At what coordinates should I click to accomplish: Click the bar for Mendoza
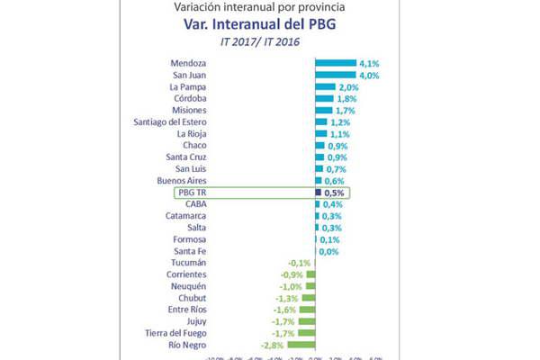335,63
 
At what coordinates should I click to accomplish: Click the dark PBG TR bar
317,192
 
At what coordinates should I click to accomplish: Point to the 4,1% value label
368,63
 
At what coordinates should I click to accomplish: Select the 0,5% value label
335,193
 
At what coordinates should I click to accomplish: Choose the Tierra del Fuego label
180,332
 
